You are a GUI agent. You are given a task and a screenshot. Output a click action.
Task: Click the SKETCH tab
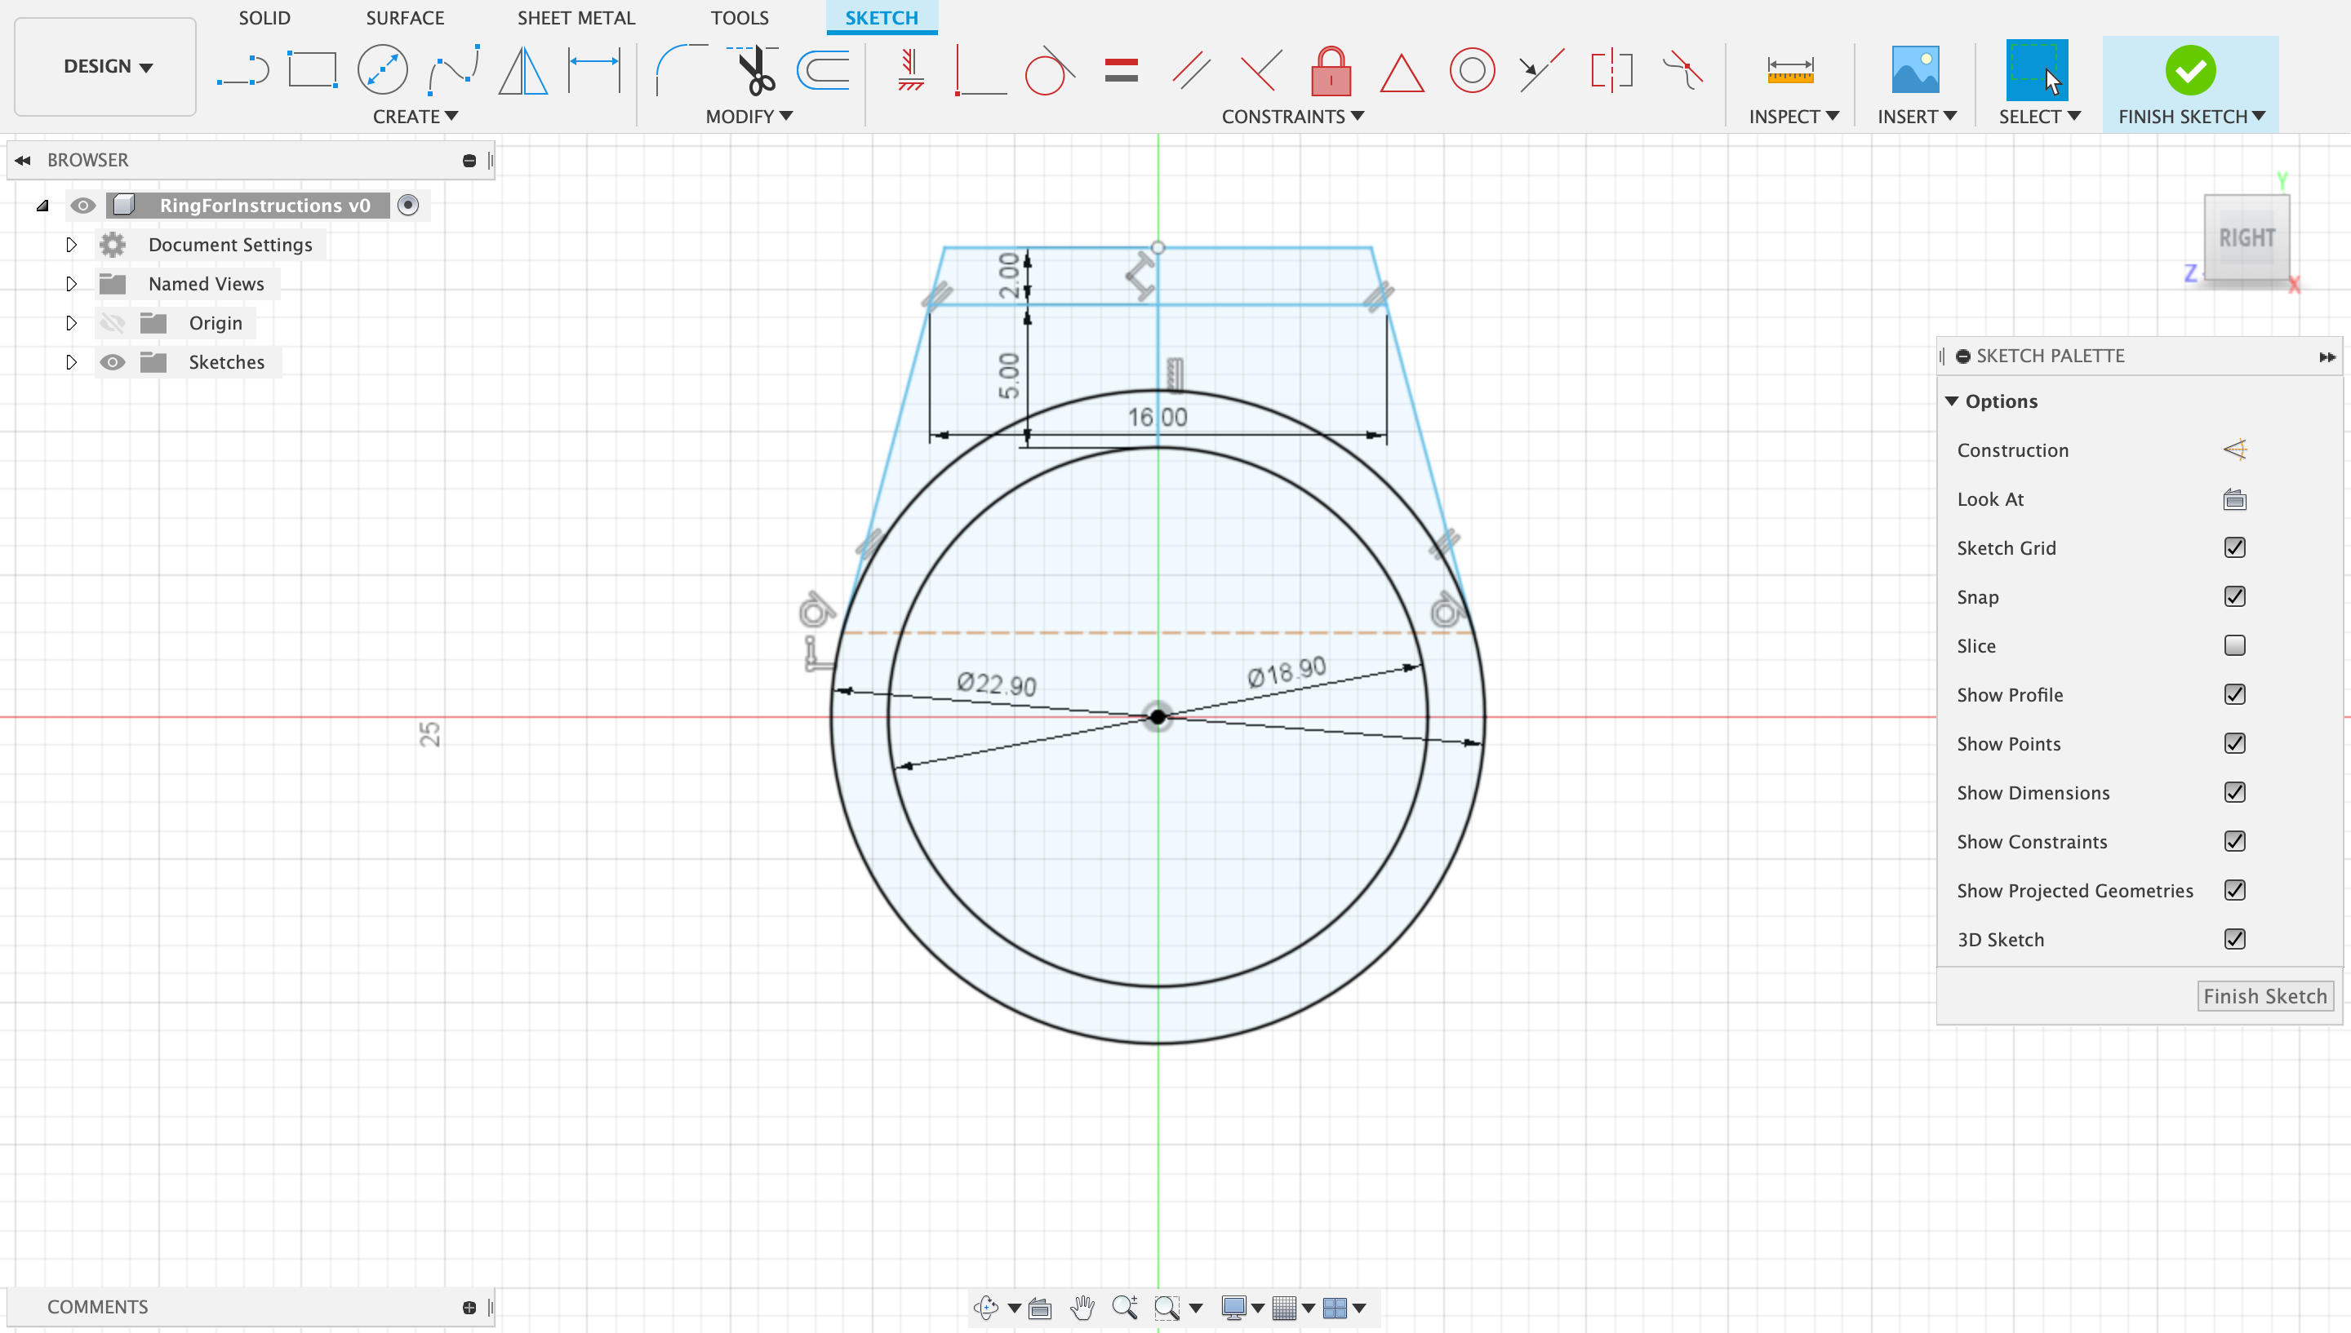point(881,17)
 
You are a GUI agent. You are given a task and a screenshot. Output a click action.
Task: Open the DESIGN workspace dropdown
point(106,67)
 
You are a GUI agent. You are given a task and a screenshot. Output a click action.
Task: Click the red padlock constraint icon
point(1331,70)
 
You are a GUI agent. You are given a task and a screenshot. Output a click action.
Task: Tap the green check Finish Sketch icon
point(2190,70)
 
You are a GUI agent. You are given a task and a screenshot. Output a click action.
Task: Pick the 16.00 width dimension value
point(1157,418)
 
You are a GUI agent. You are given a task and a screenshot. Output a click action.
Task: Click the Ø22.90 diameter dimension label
point(997,684)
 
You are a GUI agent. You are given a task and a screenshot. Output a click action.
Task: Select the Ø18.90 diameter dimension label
point(1286,671)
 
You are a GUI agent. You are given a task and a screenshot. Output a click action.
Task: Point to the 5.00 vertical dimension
point(1008,375)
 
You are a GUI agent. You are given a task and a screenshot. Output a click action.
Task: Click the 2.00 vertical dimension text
point(1008,275)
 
